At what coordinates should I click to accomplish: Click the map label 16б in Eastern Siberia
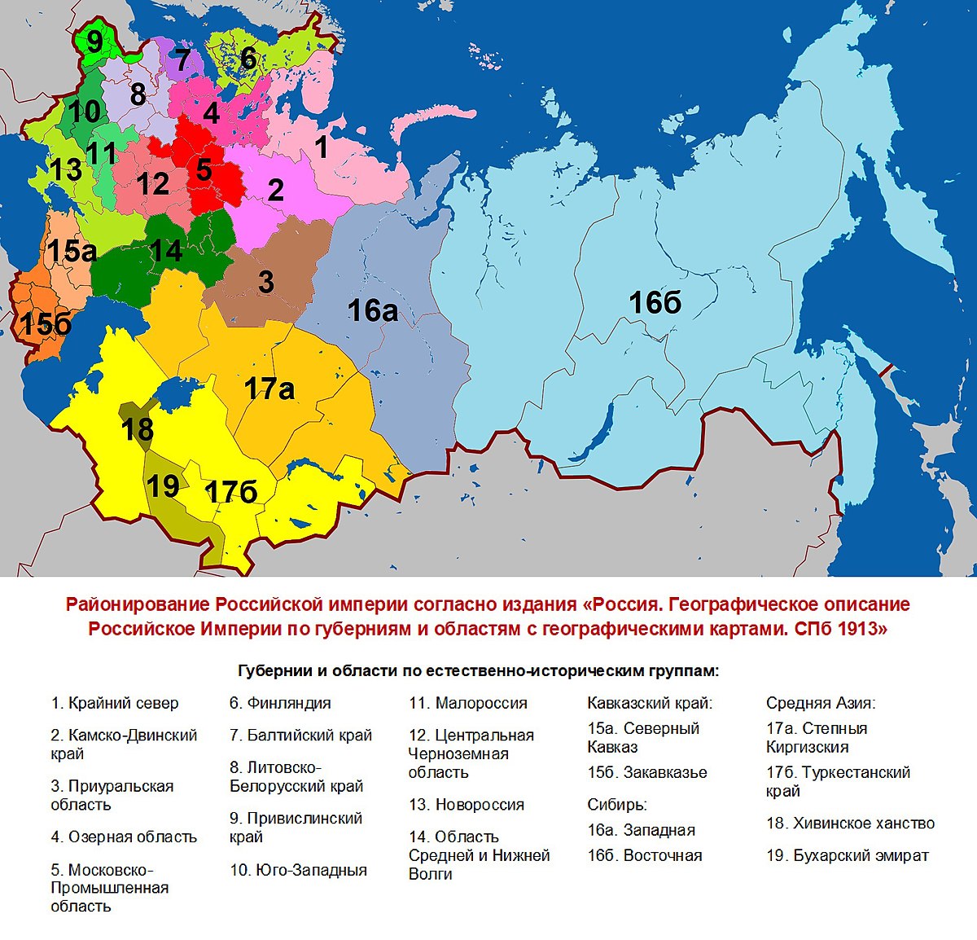(655, 303)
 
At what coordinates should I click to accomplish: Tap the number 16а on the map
(373, 310)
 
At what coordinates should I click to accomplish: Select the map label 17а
(269, 389)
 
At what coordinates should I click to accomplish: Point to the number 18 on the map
(137, 428)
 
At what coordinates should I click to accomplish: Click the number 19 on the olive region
(163, 486)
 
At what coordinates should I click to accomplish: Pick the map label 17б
(231, 492)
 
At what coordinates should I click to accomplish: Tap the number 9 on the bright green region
(95, 41)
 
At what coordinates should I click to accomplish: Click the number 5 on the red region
(204, 169)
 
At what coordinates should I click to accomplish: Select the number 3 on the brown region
(265, 282)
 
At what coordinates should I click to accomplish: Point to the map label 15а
(72, 252)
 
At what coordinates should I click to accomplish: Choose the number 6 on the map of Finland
(248, 58)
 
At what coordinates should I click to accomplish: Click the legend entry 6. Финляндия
(280, 703)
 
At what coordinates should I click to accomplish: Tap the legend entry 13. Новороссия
(467, 805)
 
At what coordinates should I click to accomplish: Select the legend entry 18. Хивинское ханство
(850, 824)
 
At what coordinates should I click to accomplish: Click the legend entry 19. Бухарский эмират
(847, 855)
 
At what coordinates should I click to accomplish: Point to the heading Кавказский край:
(650, 703)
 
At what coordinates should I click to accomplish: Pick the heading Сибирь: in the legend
(616, 805)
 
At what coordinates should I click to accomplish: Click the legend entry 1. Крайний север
(114, 703)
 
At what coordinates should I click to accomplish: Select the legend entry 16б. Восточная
(644, 855)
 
